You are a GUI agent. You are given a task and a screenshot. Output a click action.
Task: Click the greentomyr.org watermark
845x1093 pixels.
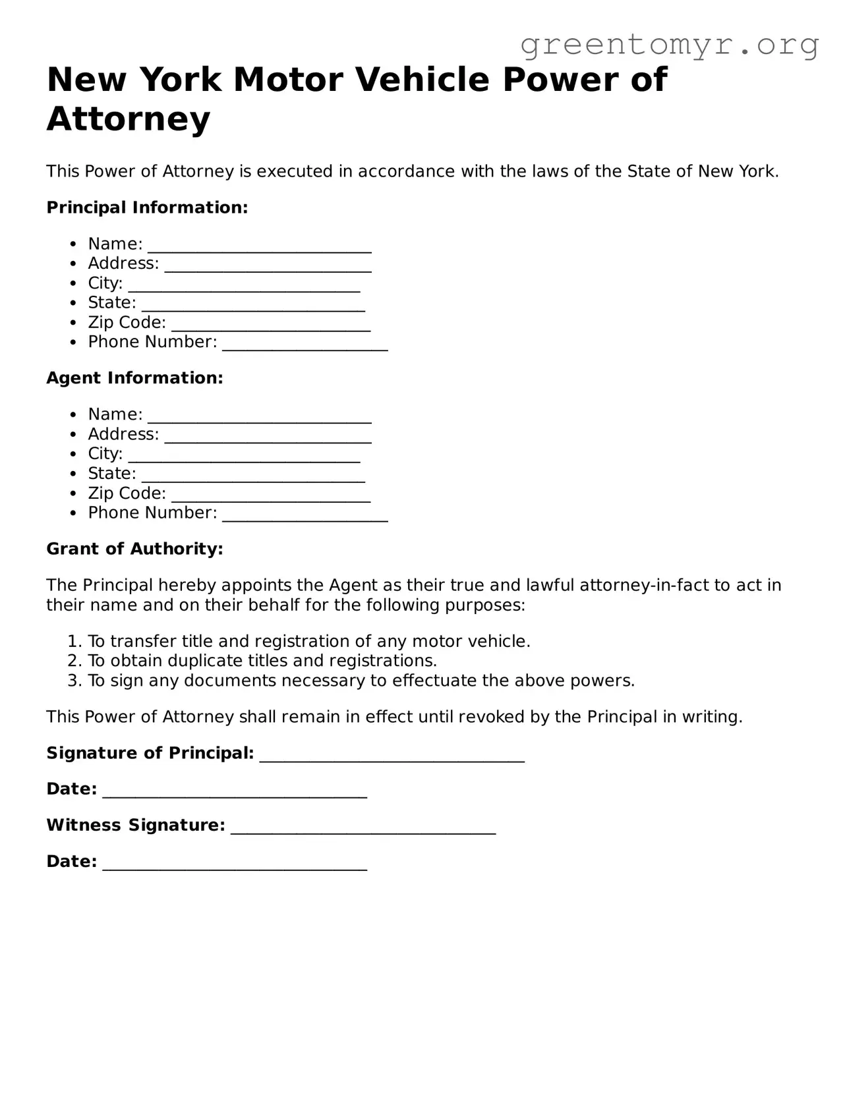[669, 45]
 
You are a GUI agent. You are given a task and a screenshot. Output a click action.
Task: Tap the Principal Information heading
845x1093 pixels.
[147, 208]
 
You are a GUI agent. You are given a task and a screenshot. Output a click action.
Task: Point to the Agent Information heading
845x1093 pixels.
[134, 378]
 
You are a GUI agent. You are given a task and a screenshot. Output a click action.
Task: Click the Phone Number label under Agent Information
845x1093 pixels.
[152, 513]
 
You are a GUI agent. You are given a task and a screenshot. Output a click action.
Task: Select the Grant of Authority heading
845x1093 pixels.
[134, 549]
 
